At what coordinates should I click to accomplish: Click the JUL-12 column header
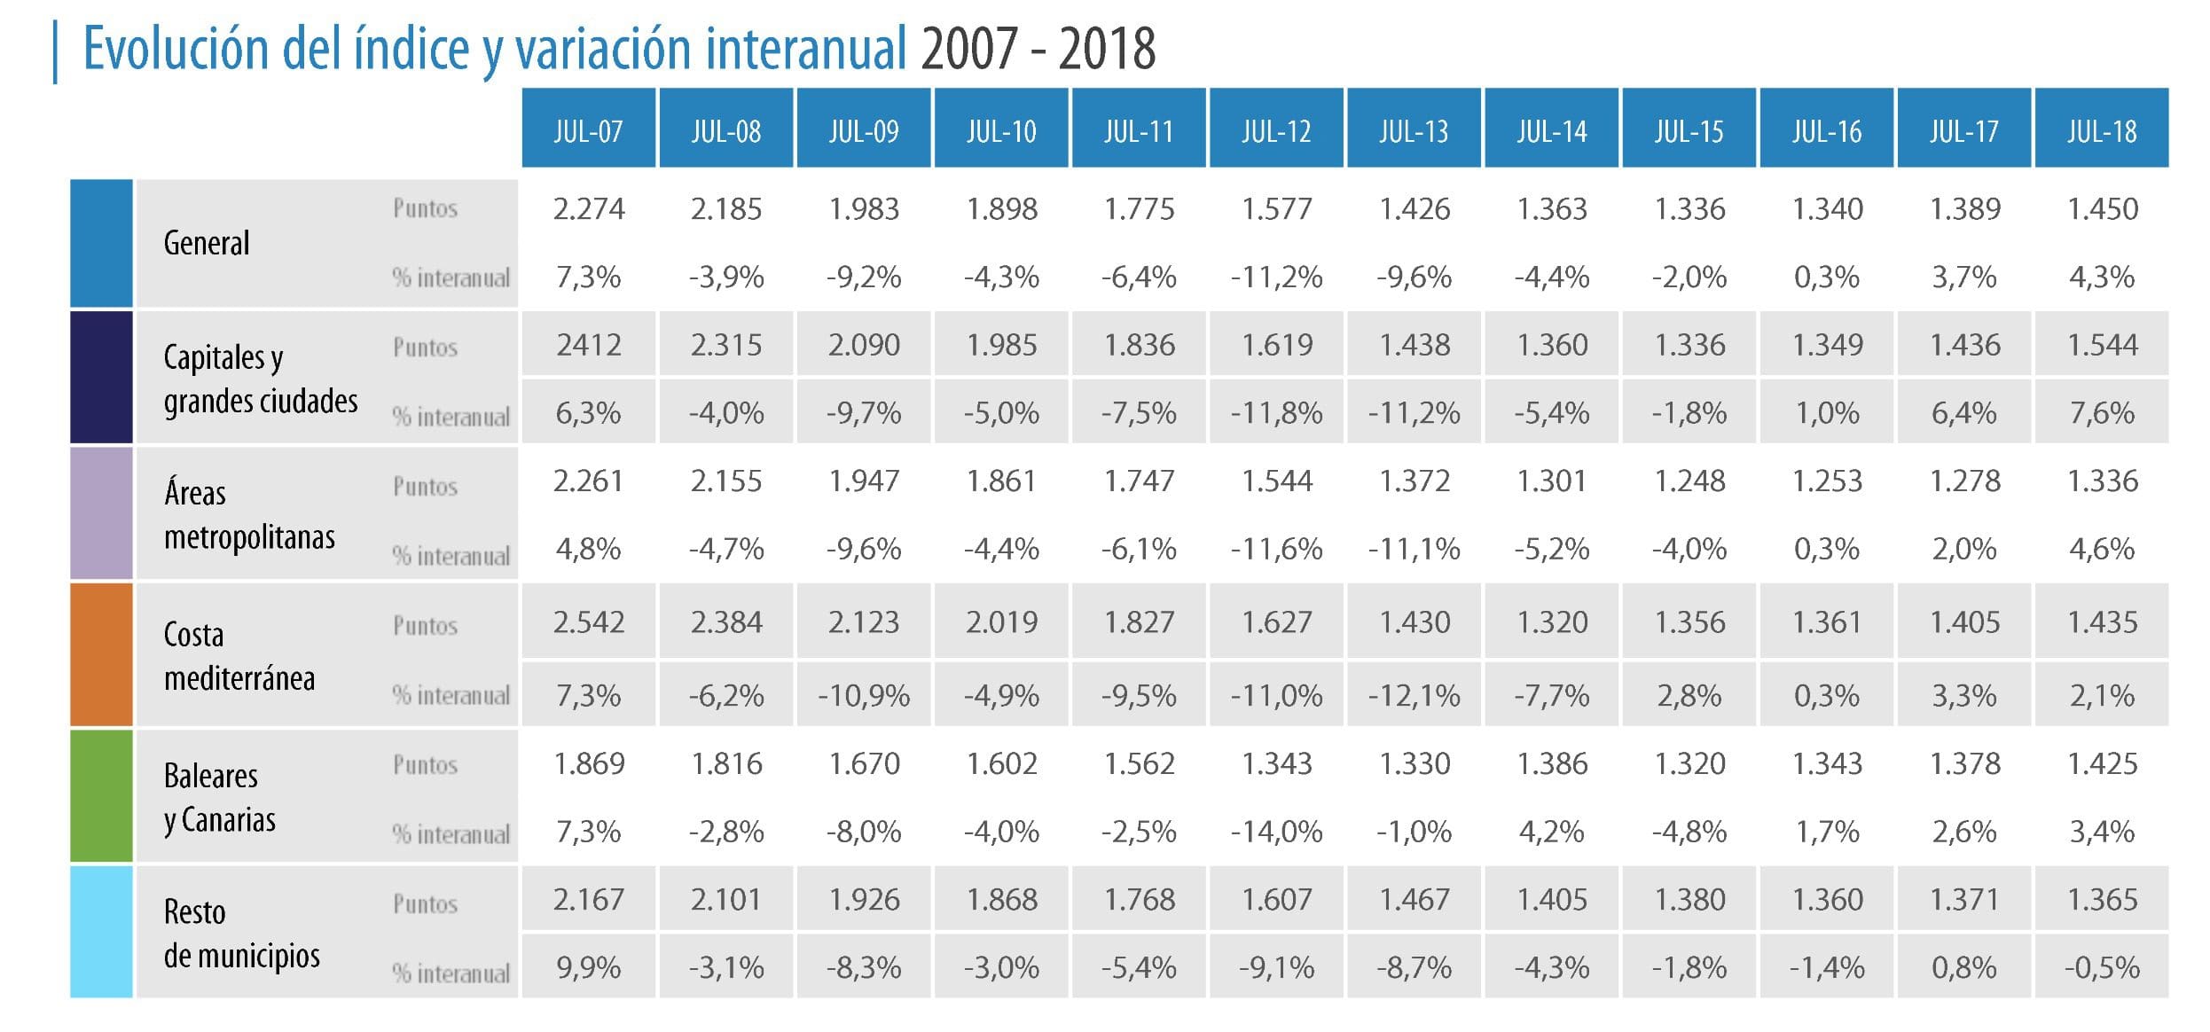tap(1275, 130)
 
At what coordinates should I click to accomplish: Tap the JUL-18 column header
tap(2101, 130)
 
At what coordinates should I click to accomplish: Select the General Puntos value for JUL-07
tap(589, 209)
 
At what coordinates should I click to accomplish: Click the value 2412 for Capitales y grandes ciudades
tap(589, 345)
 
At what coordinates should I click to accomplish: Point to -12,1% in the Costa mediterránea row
tap(1414, 696)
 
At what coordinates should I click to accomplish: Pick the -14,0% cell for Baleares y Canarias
tap(1276, 833)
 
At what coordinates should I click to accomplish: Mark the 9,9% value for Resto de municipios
tap(588, 968)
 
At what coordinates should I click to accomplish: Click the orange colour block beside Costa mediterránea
tap(101, 655)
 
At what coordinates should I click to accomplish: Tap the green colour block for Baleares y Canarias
tap(101, 796)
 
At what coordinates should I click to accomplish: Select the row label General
tap(207, 243)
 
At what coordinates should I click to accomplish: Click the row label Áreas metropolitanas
tap(249, 515)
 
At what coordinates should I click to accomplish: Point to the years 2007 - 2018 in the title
tap(1038, 49)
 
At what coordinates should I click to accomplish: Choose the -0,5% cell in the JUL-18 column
tap(2102, 968)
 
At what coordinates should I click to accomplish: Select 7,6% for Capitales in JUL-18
tap(2102, 413)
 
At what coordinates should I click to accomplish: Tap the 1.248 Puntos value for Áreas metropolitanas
tap(1689, 481)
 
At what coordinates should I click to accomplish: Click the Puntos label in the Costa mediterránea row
tap(425, 626)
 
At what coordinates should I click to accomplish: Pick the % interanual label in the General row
tap(451, 278)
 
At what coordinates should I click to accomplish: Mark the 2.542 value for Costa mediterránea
tap(589, 622)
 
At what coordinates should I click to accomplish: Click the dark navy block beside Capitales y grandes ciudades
tap(101, 377)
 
